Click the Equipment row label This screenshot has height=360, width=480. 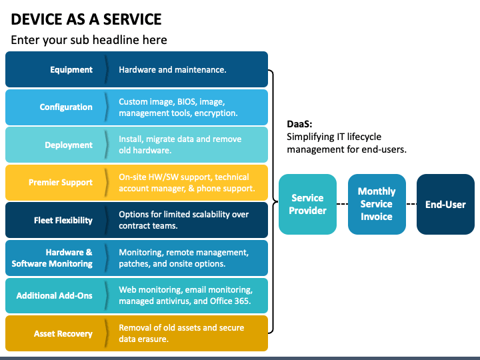pyautogui.click(x=71, y=70)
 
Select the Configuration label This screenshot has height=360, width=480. pyautogui.click(x=66, y=107)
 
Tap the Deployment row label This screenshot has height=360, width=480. pyautogui.click(x=69, y=145)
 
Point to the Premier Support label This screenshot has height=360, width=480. pyautogui.click(x=60, y=183)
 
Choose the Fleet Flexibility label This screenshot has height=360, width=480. pyautogui.click(x=63, y=221)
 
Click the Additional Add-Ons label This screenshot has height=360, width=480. pyautogui.click(x=54, y=296)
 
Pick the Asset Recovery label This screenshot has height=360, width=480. pyautogui.click(x=63, y=334)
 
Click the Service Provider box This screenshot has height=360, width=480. pyautogui.click(x=307, y=204)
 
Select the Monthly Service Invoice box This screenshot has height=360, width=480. pyautogui.click(x=377, y=204)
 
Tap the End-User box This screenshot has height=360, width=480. pyautogui.click(x=445, y=204)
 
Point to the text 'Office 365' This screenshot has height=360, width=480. pyautogui.click(x=230, y=301)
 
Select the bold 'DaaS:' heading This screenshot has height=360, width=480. pyautogui.click(x=299, y=124)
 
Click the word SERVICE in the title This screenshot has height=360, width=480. pyautogui.click(x=132, y=19)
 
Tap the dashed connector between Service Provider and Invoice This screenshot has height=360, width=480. pyautogui.click(x=342, y=204)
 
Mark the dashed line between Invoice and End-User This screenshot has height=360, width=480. pyautogui.click(x=411, y=204)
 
